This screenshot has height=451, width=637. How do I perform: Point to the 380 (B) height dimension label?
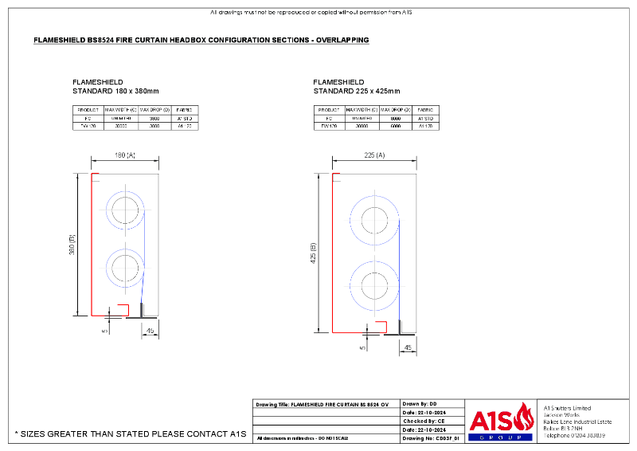pos(72,243)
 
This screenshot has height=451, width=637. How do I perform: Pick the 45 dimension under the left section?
pos(149,328)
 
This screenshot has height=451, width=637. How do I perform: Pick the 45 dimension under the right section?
pos(408,347)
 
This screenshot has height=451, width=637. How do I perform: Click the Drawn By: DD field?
pos(421,404)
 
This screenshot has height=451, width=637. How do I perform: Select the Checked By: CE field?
pos(424,421)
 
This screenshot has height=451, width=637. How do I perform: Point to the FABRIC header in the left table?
pos(183,109)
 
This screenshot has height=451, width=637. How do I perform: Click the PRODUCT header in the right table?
pos(329,109)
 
